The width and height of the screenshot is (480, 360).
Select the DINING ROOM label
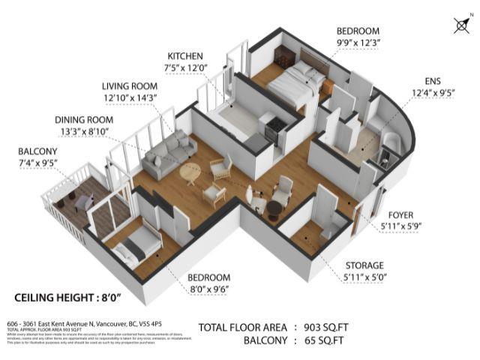tap(83, 119)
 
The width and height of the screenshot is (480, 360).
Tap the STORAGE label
tap(365, 265)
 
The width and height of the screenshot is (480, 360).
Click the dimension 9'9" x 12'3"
tap(358, 42)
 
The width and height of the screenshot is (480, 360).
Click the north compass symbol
tap(461, 25)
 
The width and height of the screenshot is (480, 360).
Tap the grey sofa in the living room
tap(166, 149)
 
